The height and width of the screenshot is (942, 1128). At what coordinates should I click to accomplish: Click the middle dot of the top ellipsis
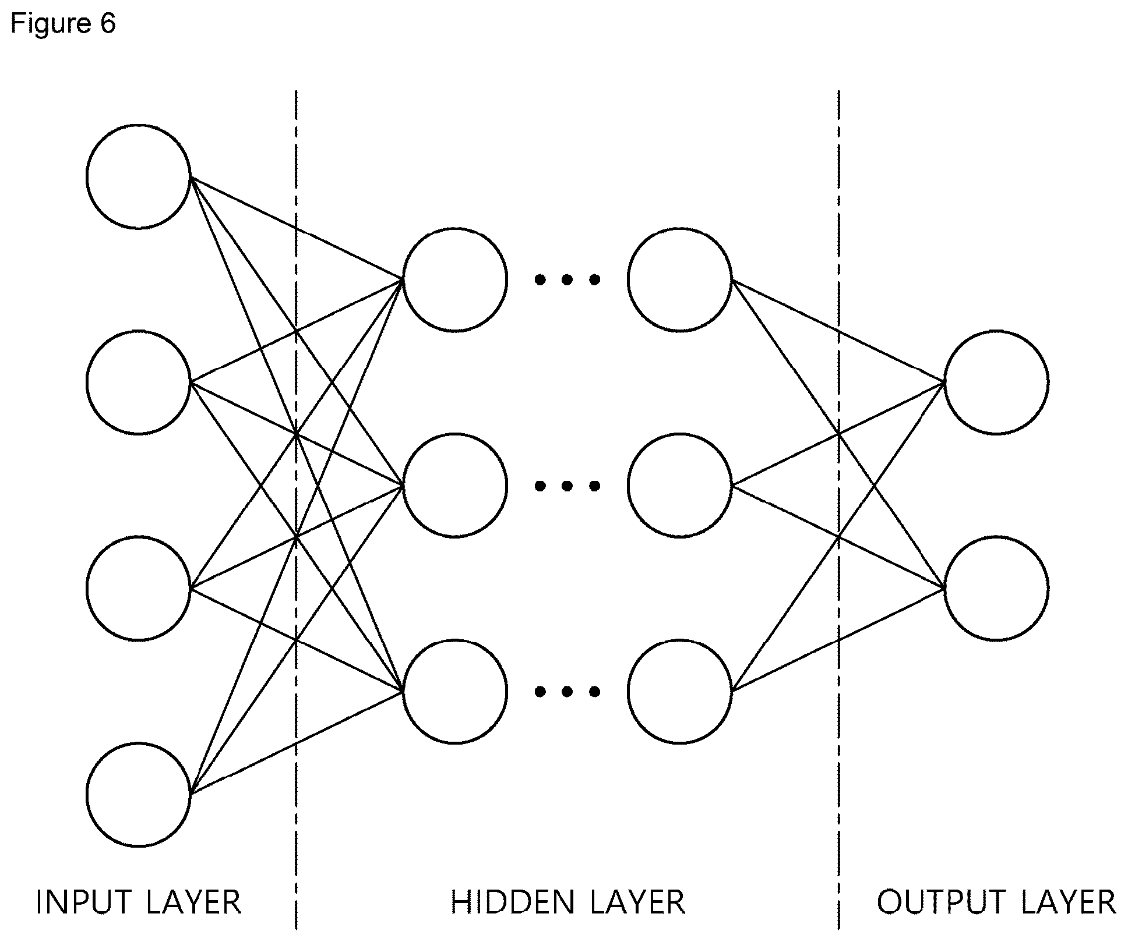point(567,280)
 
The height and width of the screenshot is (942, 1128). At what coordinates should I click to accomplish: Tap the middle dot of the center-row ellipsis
point(567,486)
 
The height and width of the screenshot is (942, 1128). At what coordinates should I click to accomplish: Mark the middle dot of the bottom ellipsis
point(567,692)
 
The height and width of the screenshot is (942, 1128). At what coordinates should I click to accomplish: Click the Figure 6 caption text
point(63,23)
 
